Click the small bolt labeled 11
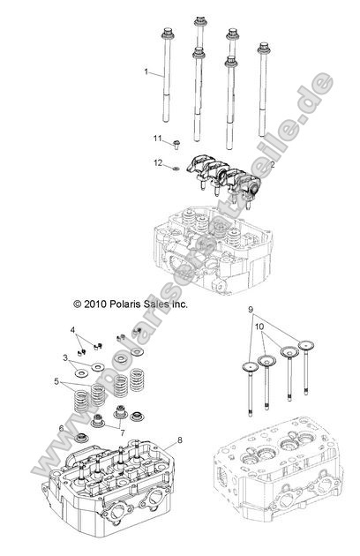176,141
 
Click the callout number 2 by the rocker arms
248,164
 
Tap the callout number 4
73,329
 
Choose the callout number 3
64,357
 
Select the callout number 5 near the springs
58,381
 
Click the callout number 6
62,428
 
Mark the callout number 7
122,433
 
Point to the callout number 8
179,440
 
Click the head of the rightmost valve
308,347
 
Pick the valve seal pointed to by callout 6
82,437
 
